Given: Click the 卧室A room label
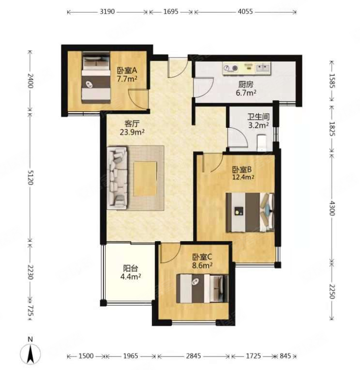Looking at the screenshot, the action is [x=127, y=70].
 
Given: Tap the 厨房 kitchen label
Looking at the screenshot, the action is [x=246, y=84].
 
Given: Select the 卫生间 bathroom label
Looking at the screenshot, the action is [x=258, y=117].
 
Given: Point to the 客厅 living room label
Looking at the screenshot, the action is [x=132, y=123].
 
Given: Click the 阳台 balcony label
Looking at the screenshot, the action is [x=131, y=268].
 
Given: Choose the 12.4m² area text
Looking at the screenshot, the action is [x=243, y=177].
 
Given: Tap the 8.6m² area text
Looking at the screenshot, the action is [x=202, y=265].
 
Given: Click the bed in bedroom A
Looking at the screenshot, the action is [x=96, y=77].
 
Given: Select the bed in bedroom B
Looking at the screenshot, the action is [x=250, y=213].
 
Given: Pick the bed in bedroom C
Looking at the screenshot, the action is [x=202, y=288].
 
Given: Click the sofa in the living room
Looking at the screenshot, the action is [x=118, y=177].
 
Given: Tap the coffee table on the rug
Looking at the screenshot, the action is [x=145, y=179].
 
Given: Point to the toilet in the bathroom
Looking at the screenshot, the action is [x=261, y=142].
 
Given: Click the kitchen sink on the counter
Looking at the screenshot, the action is [x=263, y=68].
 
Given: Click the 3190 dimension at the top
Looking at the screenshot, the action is [x=107, y=12].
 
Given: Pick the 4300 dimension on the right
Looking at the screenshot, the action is [x=332, y=208].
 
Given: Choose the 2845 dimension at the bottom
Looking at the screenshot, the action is [x=194, y=355].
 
